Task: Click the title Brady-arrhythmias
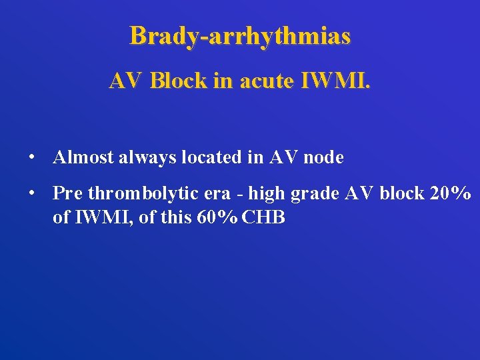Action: pos(240,35)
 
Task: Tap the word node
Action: pos(323,157)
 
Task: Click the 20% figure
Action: pos(451,193)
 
